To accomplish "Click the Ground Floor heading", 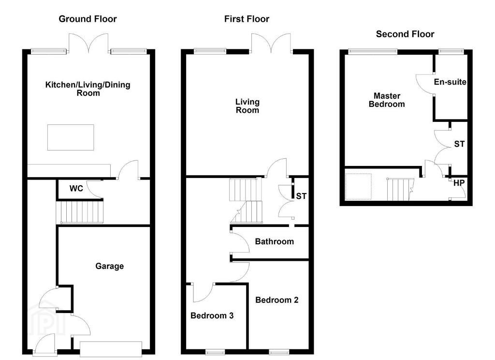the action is click(x=88, y=19).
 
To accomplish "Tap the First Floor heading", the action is click(x=247, y=19).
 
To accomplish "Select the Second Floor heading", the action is click(x=405, y=34).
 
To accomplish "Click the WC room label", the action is click(x=76, y=188).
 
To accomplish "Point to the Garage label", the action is click(x=110, y=266).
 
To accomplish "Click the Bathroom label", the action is click(x=275, y=241).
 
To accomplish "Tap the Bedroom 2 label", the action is click(x=277, y=300).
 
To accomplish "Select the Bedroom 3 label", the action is click(x=212, y=315).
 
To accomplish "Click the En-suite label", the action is click(x=450, y=82).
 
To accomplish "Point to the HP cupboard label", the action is click(x=459, y=183).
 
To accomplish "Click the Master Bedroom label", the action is click(x=387, y=100).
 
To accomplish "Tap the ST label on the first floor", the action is click(x=301, y=196).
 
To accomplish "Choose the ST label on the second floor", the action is click(x=459, y=144).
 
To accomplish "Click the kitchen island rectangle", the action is click(x=71, y=137).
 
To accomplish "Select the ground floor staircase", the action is click(x=80, y=212).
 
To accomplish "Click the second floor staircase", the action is click(x=400, y=189).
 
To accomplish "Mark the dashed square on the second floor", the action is click(x=358, y=186).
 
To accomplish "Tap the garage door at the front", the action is click(x=111, y=349).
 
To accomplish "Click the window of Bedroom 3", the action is click(x=215, y=351).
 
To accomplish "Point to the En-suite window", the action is click(x=451, y=51).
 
